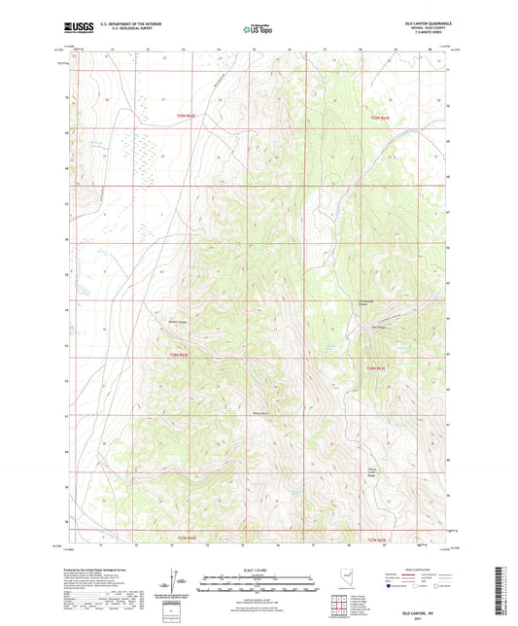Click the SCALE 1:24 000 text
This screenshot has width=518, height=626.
pos(258,569)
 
